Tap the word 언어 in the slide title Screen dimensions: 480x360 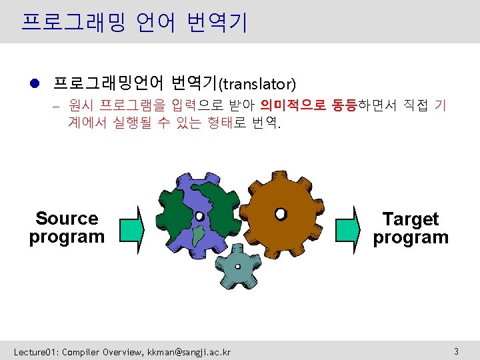[155, 23]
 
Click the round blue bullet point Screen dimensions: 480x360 [35, 83]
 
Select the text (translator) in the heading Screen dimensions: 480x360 [257, 84]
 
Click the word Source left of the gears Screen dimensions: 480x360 [67, 219]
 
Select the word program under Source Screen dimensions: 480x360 [67, 237]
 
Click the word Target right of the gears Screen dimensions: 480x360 [411, 219]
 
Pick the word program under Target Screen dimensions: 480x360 [411, 237]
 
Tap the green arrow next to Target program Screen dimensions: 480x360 [347, 229]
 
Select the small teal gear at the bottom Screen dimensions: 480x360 [237, 267]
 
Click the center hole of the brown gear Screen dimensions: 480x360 [281, 213]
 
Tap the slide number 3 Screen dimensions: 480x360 [456, 351]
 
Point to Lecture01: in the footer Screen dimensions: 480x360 [36, 351]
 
